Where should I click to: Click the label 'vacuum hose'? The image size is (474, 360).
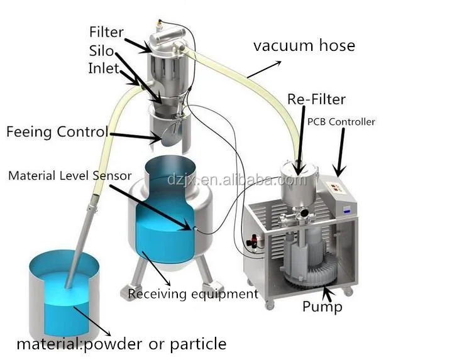point(304,45)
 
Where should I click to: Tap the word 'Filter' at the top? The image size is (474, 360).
point(106,31)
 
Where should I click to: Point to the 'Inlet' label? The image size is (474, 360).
point(103,68)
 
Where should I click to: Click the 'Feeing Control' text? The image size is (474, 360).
point(57,132)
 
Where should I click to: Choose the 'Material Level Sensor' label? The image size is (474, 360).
point(70,176)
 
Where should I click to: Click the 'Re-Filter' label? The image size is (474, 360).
point(316,99)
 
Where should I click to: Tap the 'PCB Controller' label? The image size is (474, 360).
point(341,121)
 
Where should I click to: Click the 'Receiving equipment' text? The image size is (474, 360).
point(192,293)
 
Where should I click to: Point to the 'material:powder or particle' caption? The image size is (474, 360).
point(121,344)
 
